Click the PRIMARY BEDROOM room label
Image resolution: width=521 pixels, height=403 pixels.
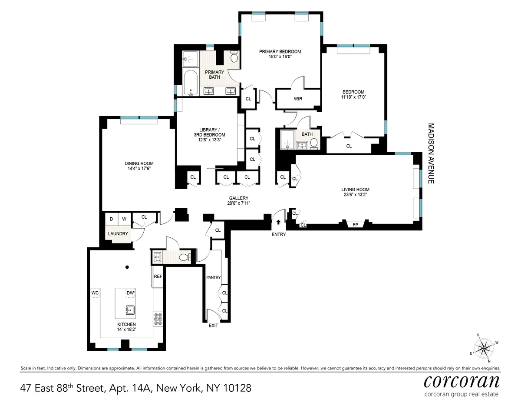[x=280, y=51]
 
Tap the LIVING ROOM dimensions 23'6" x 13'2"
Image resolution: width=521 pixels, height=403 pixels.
[x=355, y=195]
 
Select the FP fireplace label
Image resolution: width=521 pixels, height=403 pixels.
[x=355, y=225]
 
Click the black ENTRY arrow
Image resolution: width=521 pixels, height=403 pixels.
[x=278, y=222]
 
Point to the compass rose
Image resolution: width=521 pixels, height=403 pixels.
[x=483, y=347]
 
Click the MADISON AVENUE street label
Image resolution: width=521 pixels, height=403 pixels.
[x=431, y=153]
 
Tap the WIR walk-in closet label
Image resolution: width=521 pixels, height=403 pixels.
[x=298, y=99]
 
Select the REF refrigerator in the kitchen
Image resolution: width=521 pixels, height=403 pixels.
[x=158, y=276]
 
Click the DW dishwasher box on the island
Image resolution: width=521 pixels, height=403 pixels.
[x=130, y=293]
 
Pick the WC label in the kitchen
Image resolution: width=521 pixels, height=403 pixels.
[x=96, y=293]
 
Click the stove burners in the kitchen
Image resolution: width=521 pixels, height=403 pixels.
[x=158, y=320]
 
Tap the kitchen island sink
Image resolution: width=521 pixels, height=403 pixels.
[x=129, y=310]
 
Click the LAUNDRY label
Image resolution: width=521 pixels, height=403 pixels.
[x=118, y=233]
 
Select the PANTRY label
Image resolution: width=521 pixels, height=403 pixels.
[x=214, y=277]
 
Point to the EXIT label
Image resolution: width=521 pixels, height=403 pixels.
[x=213, y=325]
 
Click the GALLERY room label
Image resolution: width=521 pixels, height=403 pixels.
[x=239, y=198]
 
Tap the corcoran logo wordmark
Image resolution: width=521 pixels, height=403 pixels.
[x=461, y=381]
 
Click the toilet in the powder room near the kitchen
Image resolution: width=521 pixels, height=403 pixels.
[x=183, y=257]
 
